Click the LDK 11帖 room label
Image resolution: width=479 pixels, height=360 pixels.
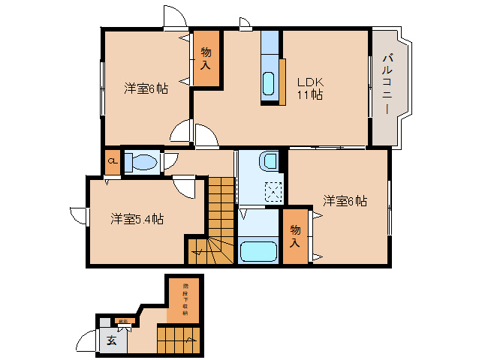click(309, 88)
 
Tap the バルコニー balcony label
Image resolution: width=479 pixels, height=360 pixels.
click(387, 83)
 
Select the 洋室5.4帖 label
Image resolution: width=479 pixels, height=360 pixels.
click(137, 219)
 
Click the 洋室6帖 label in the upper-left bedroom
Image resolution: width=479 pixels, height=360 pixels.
click(146, 88)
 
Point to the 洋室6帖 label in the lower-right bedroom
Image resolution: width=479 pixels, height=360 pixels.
click(345, 201)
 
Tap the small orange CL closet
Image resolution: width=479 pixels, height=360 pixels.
click(112, 161)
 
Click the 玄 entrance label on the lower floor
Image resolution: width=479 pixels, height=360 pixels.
click(111, 341)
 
